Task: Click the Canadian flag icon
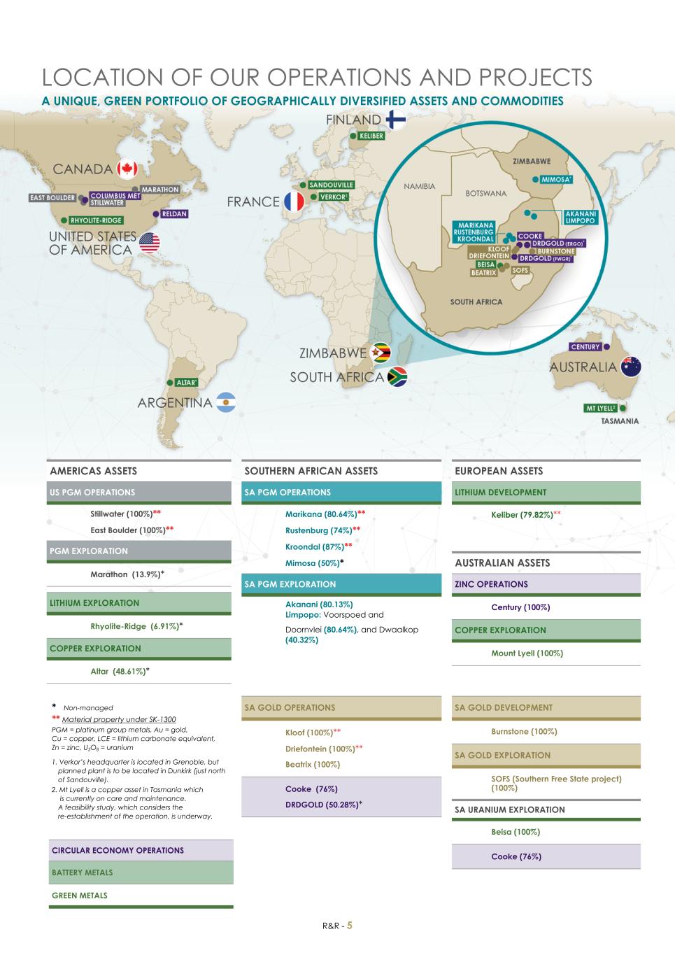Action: tap(127, 169)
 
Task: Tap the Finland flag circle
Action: tap(395, 120)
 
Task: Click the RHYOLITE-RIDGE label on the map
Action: tap(97, 220)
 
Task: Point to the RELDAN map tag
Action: tap(174, 213)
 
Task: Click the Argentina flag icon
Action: tap(226, 402)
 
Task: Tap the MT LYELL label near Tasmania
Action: tap(601, 408)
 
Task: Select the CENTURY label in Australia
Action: tap(585, 347)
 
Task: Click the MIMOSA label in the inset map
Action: tap(557, 179)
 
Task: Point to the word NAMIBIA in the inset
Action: tap(420, 186)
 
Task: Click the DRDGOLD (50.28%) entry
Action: tap(323, 805)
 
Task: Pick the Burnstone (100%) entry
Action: tap(524, 732)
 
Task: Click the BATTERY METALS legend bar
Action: tap(141, 872)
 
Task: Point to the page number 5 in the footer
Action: tap(350, 925)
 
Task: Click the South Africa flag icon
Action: tap(397, 376)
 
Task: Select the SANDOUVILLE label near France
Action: tap(331, 185)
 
